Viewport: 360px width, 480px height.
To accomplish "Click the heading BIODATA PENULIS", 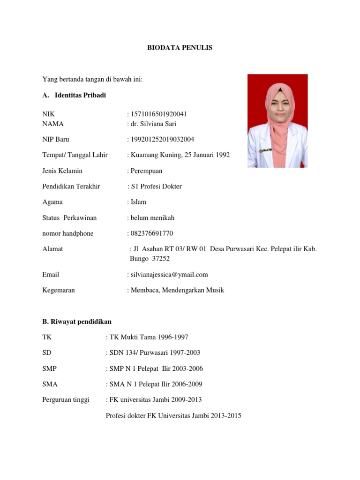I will [180, 48].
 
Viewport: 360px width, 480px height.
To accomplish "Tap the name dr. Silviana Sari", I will [153, 124].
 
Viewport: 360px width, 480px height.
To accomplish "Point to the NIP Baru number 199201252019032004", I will [162, 139].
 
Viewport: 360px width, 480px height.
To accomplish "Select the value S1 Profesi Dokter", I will [156, 186].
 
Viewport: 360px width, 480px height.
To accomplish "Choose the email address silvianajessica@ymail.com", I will [169, 275].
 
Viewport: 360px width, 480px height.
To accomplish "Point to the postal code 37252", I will [160, 259].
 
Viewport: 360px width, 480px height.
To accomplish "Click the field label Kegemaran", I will [59, 290].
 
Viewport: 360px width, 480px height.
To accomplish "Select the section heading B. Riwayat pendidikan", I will [77, 322].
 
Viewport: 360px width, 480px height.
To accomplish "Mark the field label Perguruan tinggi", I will [66, 400].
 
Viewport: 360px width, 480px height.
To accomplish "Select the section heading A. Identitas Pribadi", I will [74, 95].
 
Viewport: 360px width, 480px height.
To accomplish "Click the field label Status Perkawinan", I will [69, 218].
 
